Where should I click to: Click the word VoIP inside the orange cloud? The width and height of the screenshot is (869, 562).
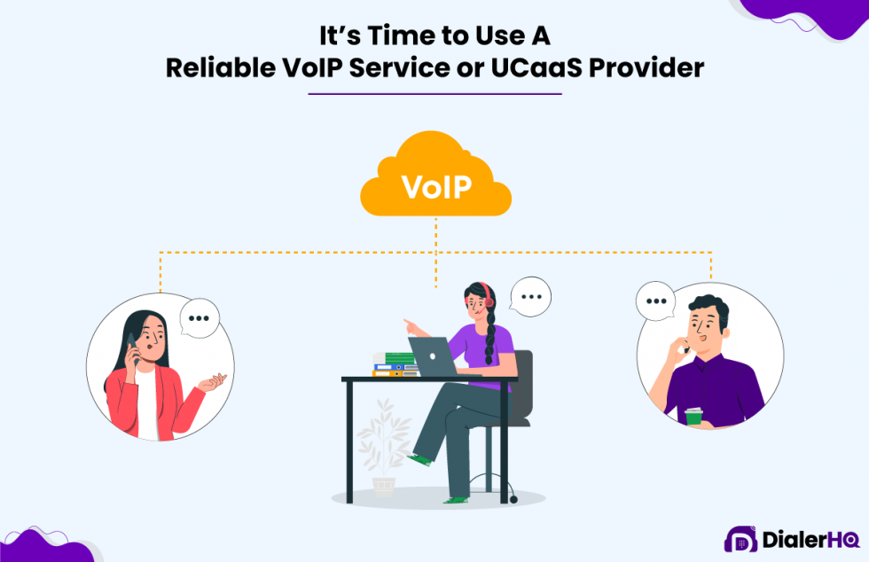coord(436,187)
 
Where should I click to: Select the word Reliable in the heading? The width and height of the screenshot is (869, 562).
coord(221,68)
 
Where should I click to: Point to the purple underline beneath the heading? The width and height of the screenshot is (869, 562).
coord(435,94)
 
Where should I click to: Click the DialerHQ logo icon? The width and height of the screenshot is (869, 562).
coord(740,539)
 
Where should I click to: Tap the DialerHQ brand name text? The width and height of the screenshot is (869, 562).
coord(810,540)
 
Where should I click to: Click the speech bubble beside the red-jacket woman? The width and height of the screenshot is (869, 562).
coord(200,318)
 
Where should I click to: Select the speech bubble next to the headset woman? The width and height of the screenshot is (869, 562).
coord(530,297)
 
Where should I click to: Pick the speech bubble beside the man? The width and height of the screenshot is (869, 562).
coord(655,301)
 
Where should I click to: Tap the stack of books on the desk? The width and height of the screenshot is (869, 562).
coord(395,364)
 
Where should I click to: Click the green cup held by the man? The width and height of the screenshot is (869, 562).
coord(693,417)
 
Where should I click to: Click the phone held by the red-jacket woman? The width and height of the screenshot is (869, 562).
coord(132,347)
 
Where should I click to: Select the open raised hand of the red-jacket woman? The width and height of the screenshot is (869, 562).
coord(214,382)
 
